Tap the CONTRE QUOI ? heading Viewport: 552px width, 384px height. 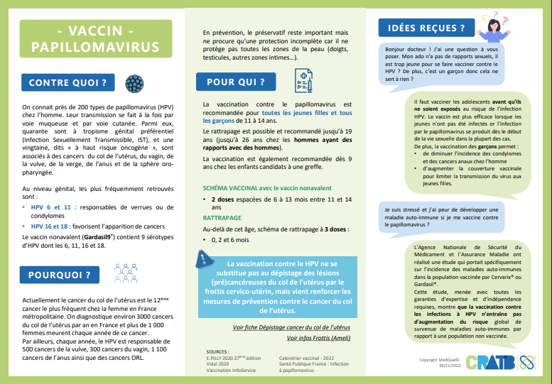click(67, 83)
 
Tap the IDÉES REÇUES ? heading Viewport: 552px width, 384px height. click(422, 28)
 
